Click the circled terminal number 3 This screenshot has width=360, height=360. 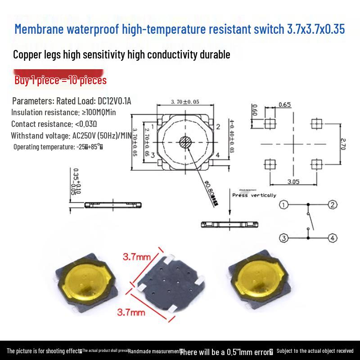point(283,238)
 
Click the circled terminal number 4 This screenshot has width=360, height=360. point(332,238)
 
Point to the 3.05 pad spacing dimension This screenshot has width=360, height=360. point(292,181)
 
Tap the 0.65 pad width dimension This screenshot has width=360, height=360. point(284,105)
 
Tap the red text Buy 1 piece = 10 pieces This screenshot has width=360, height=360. point(61,81)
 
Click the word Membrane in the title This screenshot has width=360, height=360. point(39,30)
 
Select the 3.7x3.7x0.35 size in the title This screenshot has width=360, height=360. point(316,30)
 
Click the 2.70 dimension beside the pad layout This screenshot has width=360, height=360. point(342,144)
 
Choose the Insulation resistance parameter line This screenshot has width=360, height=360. point(63,112)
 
